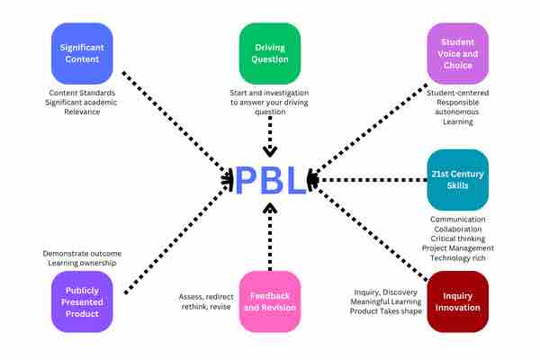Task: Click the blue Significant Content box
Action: (x=82, y=53)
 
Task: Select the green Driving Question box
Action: (x=270, y=53)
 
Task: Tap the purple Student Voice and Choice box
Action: (x=457, y=53)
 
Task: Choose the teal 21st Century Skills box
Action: (x=457, y=179)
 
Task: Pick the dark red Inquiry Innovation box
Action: (x=457, y=301)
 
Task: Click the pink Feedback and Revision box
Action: (x=270, y=301)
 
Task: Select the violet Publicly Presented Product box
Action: (x=82, y=301)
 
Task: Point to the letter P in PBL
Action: (x=247, y=180)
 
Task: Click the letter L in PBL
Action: (x=295, y=180)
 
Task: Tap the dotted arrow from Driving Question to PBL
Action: (x=270, y=135)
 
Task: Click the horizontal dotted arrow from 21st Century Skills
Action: (x=369, y=180)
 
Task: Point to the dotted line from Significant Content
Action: (x=175, y=126)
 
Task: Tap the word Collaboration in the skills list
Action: (x=458, y=229)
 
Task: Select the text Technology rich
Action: (x=458, y=256)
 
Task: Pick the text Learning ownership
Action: (x=82, y=265)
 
